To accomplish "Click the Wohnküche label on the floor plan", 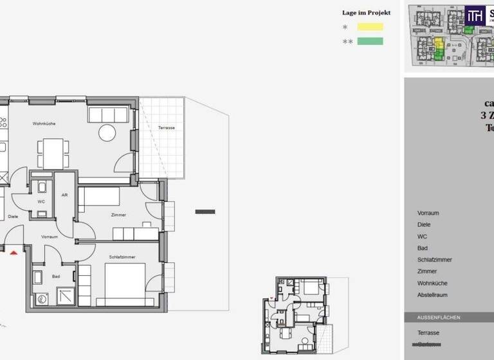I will [x=44, y=123].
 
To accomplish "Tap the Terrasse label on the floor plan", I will [x=166, y=128].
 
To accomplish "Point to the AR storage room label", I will [x=64, y=195].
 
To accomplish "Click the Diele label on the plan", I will [x=13, y=217].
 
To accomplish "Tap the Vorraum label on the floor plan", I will [x=50, y=237].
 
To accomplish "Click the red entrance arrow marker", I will [x=14, y=252].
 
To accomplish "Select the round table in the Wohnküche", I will [x=107, y=133].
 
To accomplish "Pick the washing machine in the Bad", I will [x=43, y=299].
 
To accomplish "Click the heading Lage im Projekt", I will [x=365, y=12].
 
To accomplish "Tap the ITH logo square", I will [x=475, y=15].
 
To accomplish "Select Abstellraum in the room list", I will [x=432, y=295].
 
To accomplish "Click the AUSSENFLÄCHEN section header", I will [x=439, y=318].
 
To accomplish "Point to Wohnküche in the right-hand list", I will [x=432, y=283].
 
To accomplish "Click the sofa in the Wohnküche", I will [x=108, y=114].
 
